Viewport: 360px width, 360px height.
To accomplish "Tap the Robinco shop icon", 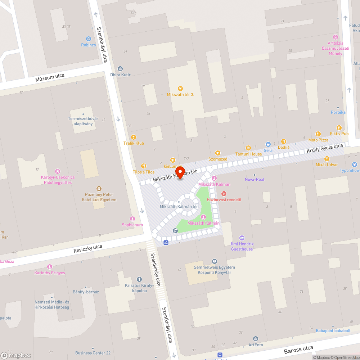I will pyautogui.click(x=89, y=39).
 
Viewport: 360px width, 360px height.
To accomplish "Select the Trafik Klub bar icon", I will pyautogui.click(x=134, y=137).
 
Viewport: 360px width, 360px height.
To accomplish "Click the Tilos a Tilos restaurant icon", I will pyautogui.click(x=144, y=166).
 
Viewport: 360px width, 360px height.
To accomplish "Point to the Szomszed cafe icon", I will pyautogui.click(x=217, y=153).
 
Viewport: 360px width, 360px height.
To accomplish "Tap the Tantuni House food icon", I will pyautogui.click(x=248, y=148).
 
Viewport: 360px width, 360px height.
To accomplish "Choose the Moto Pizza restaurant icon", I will pyautogui.click(x=318, y=134).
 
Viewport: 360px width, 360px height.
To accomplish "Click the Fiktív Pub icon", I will pyautogui.click(x=339, y=128).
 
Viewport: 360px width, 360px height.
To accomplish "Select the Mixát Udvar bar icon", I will pyautogui.click(x=327, y=158).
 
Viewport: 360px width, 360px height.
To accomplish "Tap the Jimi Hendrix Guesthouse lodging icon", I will pyautogui.click(x=242, y=238).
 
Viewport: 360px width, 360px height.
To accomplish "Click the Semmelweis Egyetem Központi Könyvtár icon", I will pyautogui.click(x=215, y=261).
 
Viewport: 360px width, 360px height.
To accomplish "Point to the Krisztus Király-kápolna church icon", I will pyautogui.click(x=139, y=279).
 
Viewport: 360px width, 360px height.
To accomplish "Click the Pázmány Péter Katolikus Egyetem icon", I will pyautogui.click(x=99, y=188).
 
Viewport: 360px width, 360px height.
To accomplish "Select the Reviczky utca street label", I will pyautogui.click(x=88, y=248).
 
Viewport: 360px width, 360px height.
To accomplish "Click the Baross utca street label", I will pyautogui.click(x=298, y=349).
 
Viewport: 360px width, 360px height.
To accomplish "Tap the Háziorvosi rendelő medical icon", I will pyautogui.click(x=224, y=194).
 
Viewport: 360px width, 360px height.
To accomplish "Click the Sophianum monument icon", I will pyautogui.click(x=132, y=219).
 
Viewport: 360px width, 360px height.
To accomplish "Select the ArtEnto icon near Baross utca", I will pyautogui.click(x=256, y=339).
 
